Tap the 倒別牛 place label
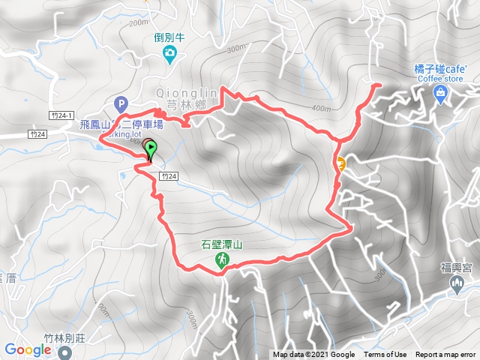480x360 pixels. tap(170, 37)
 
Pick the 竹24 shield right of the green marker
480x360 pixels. tap(168, 175)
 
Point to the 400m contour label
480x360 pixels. tap(321, 109)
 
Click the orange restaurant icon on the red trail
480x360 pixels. tap(340, 164)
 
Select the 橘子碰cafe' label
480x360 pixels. tap(440, 69)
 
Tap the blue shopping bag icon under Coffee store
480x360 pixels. tap(440, 93)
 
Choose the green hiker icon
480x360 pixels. tap(223, 260)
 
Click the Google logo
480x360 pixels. tap(27, 349)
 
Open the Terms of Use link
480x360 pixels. tap(385, 355)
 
